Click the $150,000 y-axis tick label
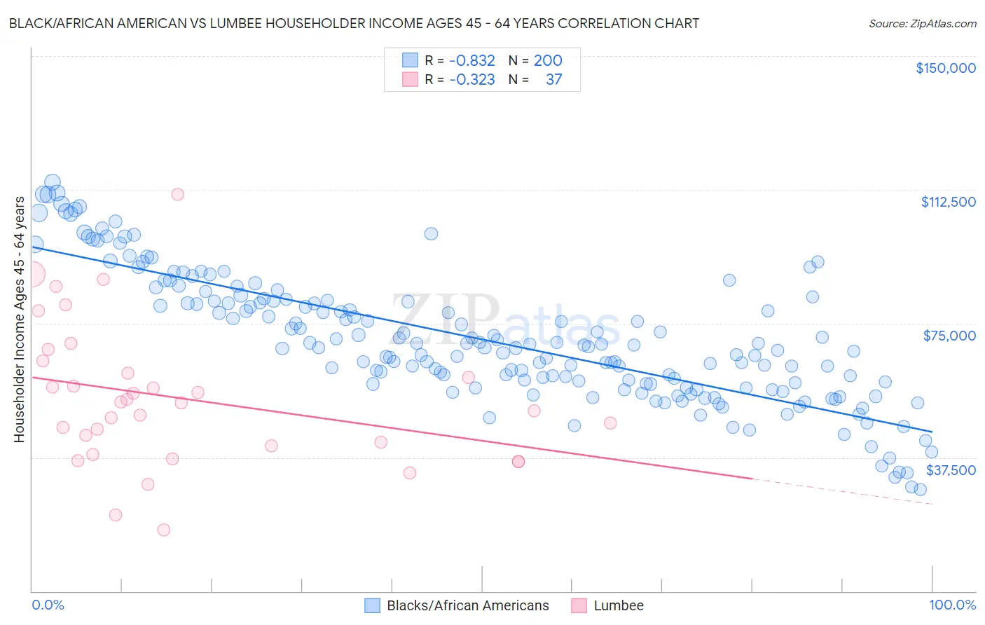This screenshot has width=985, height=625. [945, 68]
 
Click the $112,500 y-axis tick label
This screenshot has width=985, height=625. [948, 202]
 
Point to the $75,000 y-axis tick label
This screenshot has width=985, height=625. [949, 336]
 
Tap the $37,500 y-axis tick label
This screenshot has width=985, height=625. [951, 470]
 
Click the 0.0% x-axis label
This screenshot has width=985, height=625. [48, 605]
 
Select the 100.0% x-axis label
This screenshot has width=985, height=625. [952, 605]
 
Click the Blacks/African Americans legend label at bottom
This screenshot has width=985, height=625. [467, 605]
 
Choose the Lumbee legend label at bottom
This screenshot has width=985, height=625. [618, 605]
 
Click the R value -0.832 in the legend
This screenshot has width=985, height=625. [471, 61]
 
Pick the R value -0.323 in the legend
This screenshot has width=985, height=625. [471, 80]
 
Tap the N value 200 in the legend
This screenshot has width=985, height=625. [548, 61]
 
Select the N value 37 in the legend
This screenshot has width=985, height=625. [553, 80]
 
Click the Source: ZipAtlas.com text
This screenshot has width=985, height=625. [922, 23]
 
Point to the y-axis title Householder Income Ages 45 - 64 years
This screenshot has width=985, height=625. [20, 320]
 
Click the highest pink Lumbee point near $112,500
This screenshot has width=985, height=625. [178, 194]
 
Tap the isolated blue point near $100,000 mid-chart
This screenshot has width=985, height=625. [431, 233]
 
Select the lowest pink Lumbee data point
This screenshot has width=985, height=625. [164, 530]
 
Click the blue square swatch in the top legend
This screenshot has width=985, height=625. [410, 61]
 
